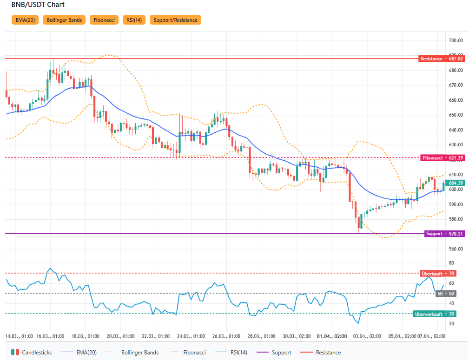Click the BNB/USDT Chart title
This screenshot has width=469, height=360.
(38, 5)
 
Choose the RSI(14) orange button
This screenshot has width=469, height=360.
(134, 20)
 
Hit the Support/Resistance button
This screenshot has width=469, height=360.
(175, 20)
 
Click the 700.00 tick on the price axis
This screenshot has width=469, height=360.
(456, 41)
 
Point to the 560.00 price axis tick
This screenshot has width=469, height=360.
(456, 249)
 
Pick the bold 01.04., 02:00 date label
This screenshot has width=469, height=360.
(332, 336)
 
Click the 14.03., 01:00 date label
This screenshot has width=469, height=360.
(19, 336)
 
